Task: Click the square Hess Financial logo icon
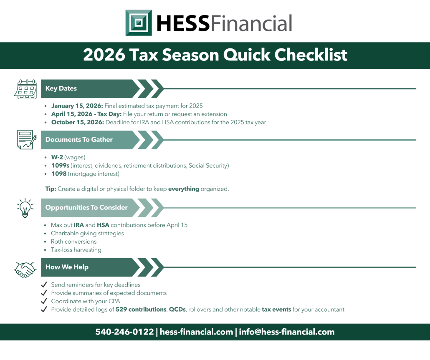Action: pyautogui.click(x=139, y=23)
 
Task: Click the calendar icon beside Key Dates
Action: pyautogui.click(x=25, y=89)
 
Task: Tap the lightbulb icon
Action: pyautogui.click(x=25, y=207)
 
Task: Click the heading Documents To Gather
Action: pyautogui.click(x=79, y=140)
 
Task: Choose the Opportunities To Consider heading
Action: pyautogui.click(x=86, y=207)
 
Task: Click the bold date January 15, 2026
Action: pyautogui.click(x=77, y=106)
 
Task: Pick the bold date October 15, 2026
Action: pyautogui.click(x=77, y=123)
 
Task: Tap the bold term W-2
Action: pyautogui.click(x=56, y=157)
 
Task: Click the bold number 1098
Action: pyautogui.click(x=59, y=174)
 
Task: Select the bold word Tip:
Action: pyautogui.click(x=51, y=189)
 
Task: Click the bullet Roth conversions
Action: pyautogui.click(x=73, y=242)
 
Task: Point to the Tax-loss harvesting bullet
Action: pyautogui.click(x=76, y=250)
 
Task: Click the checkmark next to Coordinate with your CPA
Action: pyautogui.click(x=43, y=301)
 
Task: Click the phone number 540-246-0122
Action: pyautogui.click(x=124, y=332)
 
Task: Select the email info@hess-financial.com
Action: pyautogui.click(x=286, y=332)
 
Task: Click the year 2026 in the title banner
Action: pyautogui.click(x=104, y=55)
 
